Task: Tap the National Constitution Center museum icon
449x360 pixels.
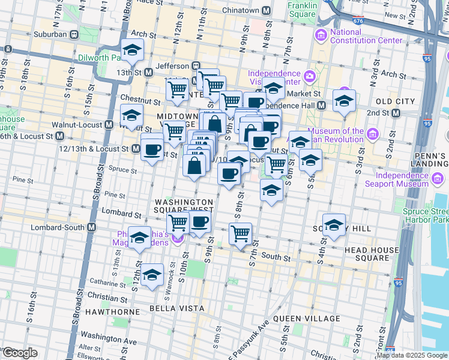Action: click(321, 37)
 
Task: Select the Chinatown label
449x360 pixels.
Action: click(240, 10)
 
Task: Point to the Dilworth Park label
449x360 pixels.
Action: click(100, 58)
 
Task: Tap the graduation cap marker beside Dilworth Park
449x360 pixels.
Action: click(132, 51)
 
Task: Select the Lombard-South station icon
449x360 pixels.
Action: click(92, 227)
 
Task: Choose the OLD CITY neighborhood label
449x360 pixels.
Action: click(395, 101)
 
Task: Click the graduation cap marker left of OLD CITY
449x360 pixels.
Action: click(344, 101)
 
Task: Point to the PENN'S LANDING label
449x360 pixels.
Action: click(431, 160)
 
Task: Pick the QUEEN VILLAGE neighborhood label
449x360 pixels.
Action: click(307, 319)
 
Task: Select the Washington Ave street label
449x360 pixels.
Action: click(108, 338)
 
